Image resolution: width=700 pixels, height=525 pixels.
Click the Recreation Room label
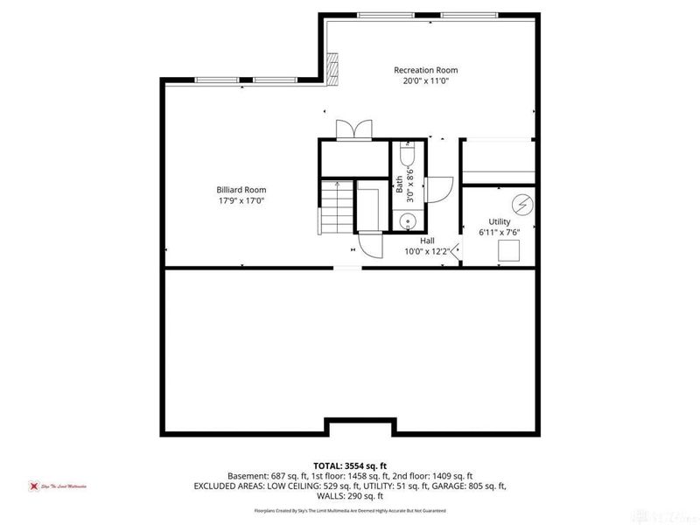[x=425, y=70]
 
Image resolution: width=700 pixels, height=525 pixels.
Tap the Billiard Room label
[x=241, y=190]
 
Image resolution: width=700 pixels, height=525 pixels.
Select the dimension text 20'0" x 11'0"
[x=425, y=80]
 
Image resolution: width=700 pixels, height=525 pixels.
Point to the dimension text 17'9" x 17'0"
[x=241, y=200]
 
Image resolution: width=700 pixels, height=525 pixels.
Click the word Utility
[x=500, y=222]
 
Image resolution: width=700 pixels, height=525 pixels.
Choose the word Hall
[x=427, y=241]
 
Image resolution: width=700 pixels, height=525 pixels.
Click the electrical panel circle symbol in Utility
[x=523, y=205]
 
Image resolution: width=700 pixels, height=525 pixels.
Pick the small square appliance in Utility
[x=508, y=251]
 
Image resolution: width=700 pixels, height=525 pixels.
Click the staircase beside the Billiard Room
[x=335, y=207]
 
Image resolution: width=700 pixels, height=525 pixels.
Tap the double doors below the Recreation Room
[x=353, y=129]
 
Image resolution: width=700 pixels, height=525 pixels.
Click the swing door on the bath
[x=437, y=189]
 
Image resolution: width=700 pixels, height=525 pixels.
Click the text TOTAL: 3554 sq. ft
[x=349, y=465]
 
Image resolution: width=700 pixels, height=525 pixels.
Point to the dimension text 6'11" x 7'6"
[x=500, y=233]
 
